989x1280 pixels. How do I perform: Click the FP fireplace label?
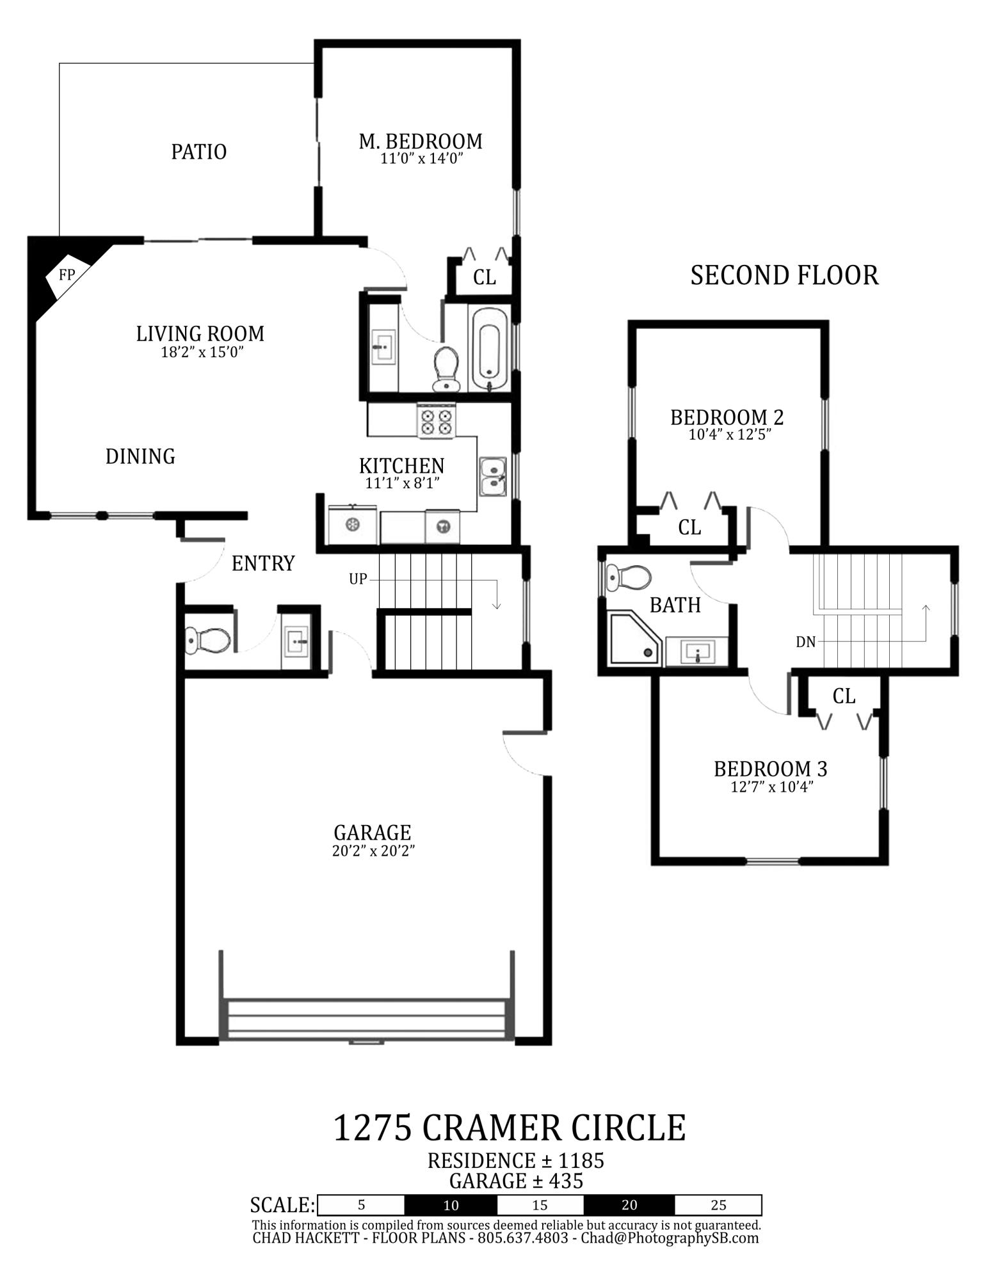click(x=67, y=275)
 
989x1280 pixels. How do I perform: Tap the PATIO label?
click(x=198, y=152)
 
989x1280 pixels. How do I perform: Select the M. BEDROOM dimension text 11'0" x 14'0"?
click(x=421, y=159)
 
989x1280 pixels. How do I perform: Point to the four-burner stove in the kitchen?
click(x=436, y=422)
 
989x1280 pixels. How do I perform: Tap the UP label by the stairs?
click(x=358, y=579)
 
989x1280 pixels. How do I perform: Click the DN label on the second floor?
click(x=806, y=642)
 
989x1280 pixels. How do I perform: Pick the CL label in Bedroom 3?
click(x=844, y=696)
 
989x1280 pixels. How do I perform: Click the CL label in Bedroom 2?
click(x=689, y=528)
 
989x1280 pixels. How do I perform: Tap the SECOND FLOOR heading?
click(x=784, y=275)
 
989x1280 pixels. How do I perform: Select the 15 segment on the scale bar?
click(x=540, y=1205)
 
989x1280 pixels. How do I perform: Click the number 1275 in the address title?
click(x=373, y=1128)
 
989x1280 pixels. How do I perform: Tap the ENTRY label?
click(x=263, y=563)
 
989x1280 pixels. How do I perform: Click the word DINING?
click(x=140, y=456)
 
